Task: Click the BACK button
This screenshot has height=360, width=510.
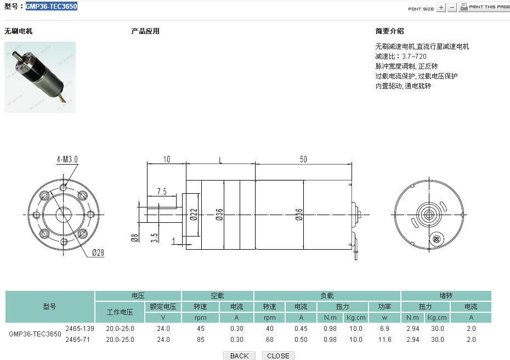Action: [240, 356]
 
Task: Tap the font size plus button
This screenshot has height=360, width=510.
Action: [441, 8]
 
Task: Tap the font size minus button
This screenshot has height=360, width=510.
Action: [452, 8]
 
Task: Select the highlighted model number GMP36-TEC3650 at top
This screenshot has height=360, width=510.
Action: [52, 6]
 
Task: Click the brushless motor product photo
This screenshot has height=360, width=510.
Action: [40, 77]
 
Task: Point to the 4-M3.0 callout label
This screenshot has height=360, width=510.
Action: [67, 160]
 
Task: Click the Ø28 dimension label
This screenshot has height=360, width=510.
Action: [98, 252]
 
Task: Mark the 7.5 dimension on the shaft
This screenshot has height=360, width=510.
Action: [162, 192]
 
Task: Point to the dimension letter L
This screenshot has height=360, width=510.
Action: [220, 160]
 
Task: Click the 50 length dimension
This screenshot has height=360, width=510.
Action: [303, 160]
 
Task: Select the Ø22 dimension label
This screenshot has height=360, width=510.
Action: [194, 214]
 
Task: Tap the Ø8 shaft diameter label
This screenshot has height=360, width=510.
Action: [134, 238]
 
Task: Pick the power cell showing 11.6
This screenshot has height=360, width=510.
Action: [384, 340]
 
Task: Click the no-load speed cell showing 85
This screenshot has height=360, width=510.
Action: [201, 340]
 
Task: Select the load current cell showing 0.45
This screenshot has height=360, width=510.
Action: [301, 329]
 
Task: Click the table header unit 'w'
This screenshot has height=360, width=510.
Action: [384, 318]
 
